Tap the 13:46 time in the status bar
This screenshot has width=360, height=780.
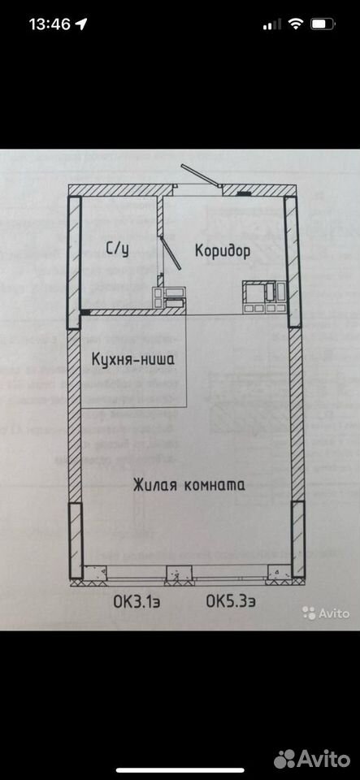(50, 24)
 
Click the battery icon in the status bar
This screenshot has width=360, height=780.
(323, 24)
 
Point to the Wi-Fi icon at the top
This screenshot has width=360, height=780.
(296, 24)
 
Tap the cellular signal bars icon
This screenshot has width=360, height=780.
(272, 24)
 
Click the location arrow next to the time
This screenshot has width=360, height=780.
(81, 24)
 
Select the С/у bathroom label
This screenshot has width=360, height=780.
(118, 249)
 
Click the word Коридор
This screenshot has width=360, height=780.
(223, 250)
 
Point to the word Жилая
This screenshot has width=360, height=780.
(154, 484)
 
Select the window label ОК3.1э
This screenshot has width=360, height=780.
(137, 602)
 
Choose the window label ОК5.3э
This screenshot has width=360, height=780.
(232, 602)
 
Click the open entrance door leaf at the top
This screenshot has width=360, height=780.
(201, 175)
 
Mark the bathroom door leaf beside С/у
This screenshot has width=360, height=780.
(171, 253)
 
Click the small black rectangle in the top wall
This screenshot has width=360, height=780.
(243, 193)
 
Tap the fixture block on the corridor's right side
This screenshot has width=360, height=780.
(264, 297)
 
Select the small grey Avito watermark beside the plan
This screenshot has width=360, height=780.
(326, 613)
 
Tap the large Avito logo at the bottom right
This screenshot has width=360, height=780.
(312, 759)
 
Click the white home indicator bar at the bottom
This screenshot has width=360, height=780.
(180, 771)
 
